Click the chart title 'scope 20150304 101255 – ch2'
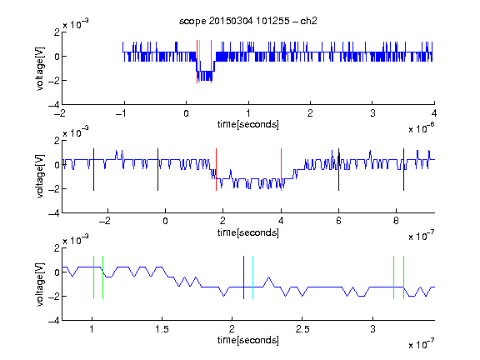[x=248, y=21]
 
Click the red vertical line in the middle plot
[x=216, y=170]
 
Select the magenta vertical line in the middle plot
[x=281, y=170]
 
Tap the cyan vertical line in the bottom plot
[x=252, y=277]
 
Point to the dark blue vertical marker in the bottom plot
[x=243, y=277]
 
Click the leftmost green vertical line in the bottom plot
[x=93, y=277]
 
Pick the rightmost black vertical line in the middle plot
[x=403, y=170]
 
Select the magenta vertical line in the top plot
[x=211, y=62]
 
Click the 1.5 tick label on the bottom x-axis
[x=162, y=329]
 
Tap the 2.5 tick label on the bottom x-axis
[x=302, y=329]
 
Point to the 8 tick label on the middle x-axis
[x=396, y=221]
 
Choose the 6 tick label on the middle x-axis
[x=338, y=221]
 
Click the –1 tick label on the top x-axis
[x=122, y=113]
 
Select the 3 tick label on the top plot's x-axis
[x=372, y=113]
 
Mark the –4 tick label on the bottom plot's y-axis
[x=54, y=321]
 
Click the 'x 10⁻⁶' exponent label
[x=422, y=128]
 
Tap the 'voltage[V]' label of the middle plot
[x=40, y=177]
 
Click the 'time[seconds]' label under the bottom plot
[x=248, y=340]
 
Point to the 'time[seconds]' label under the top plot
[x=248, y=124]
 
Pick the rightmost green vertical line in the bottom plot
[x=403, y=277]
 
